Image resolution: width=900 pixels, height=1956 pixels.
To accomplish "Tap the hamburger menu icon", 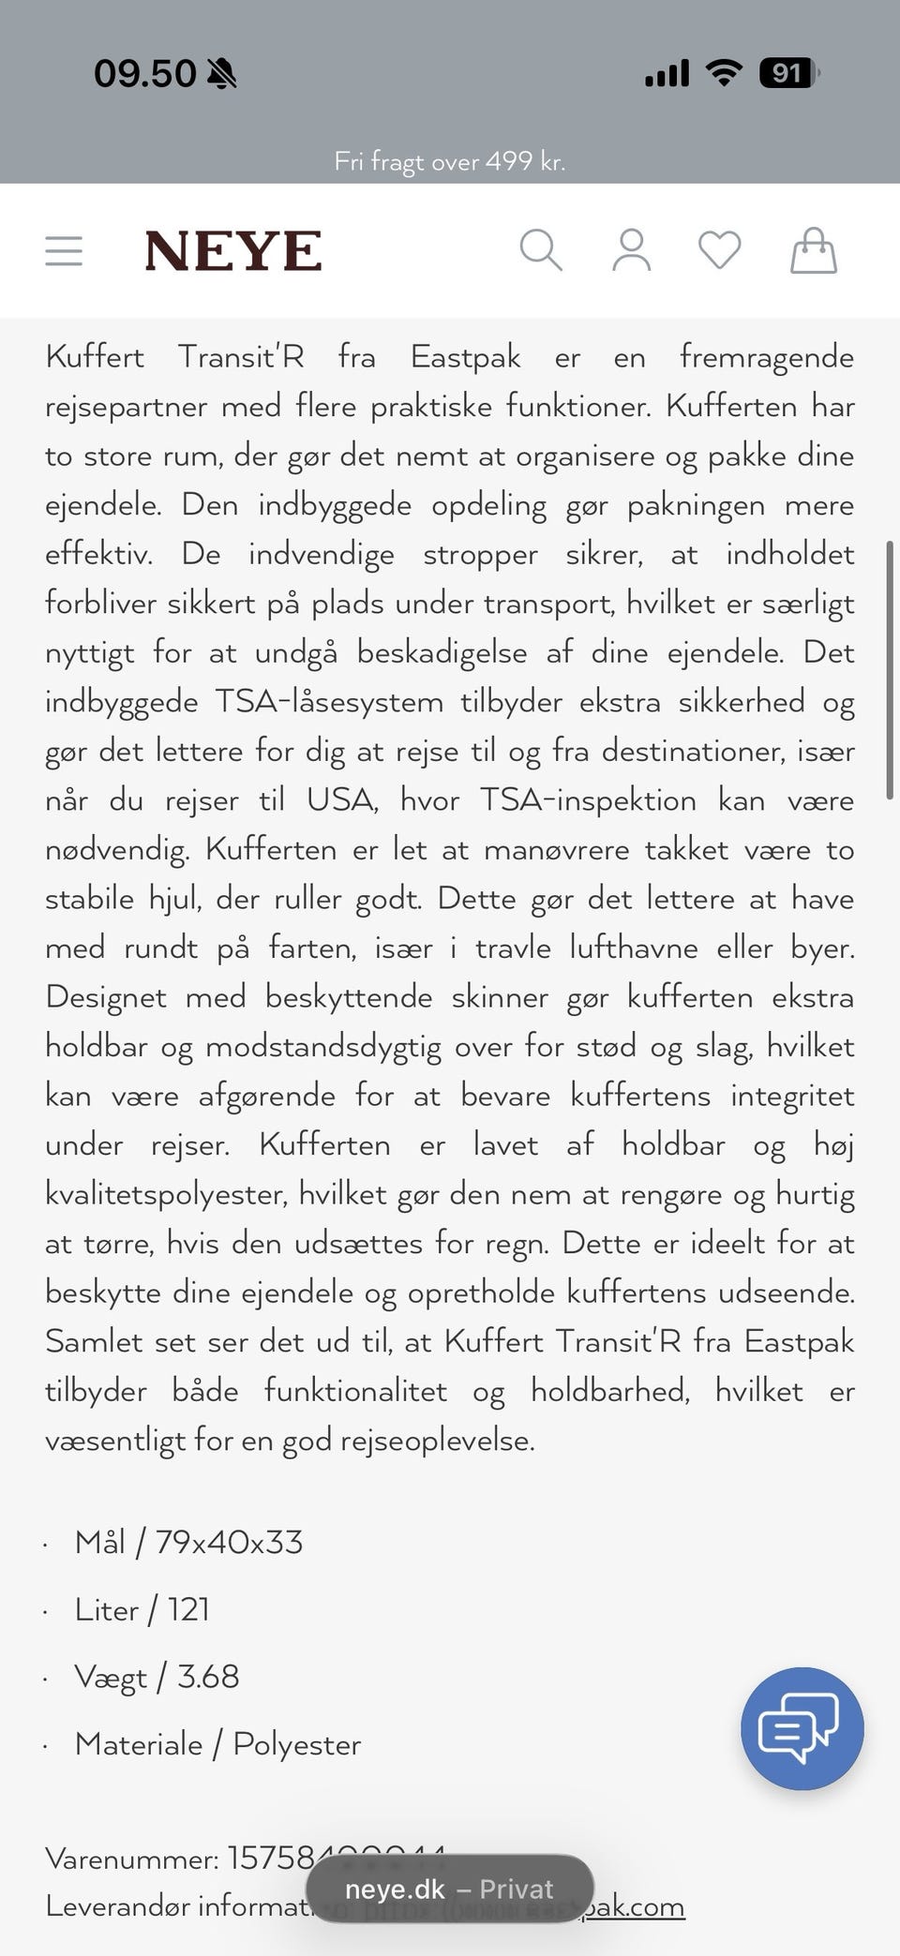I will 64,251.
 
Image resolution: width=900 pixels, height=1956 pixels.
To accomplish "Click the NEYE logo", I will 233,251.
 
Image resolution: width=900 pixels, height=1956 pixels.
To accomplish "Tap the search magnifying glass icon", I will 541,250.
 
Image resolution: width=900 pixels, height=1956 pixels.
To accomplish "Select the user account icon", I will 631,250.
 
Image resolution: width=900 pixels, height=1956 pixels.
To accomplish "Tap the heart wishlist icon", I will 720,250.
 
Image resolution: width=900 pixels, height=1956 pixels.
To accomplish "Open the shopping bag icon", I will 813,250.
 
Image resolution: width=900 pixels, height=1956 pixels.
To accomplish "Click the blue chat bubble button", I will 802,1728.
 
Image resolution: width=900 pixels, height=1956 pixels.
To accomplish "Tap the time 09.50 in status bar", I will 145,73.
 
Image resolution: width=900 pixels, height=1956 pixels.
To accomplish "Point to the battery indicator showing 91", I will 788,73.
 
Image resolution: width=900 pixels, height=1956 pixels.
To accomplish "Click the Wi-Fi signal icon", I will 723,72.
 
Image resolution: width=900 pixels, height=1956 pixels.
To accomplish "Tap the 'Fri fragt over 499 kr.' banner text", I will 450,161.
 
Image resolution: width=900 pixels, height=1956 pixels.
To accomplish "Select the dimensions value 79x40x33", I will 229,1543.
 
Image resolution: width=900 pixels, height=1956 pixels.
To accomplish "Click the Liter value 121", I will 188,1610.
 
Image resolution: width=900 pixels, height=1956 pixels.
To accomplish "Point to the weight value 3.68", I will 208,1677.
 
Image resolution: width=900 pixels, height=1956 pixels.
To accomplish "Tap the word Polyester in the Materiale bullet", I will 296,1744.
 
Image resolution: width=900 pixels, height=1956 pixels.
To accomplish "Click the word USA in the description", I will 341,800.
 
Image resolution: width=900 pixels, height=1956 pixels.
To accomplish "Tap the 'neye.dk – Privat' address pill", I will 450,1889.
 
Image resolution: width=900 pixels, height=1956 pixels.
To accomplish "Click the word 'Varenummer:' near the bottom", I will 132,1859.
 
